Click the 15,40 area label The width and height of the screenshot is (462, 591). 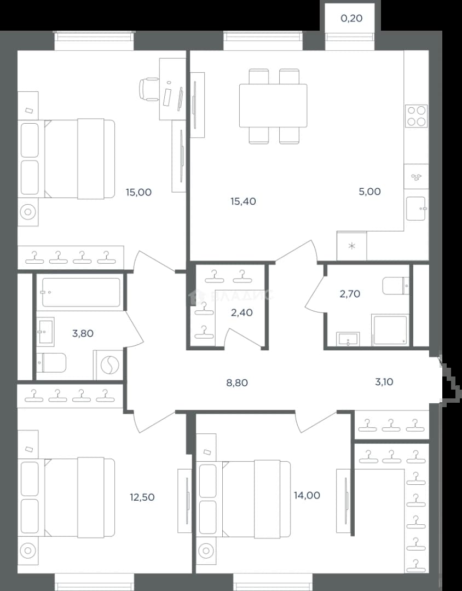pyautogui.click(x=243, y=201)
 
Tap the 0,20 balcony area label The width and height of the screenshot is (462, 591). pyautogui.click(x=351, y=18)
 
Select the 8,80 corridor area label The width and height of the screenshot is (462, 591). pyautogui.click(x=237, y=383)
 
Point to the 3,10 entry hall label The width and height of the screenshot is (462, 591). pyautogui.click(x=384, y=382)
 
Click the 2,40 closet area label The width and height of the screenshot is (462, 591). pyautogui.click(x=242, y=312)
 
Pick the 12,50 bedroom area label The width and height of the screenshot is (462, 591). pyautogui.click(x=142, y=497)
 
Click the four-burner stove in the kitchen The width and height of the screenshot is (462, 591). pyautogui.click(x=417, y=115)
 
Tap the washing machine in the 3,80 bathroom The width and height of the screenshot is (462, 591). pyautogui.click(x=108, y=365)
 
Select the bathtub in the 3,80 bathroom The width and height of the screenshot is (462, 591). pyautogui.click(x=81, y=292)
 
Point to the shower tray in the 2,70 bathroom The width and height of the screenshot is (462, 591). pyautogui.click(x=390, y=330)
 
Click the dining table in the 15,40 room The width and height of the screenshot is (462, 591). pyautogui.click(x=273, y=106)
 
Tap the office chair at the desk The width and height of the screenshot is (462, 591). pyautogui.click(x=150, y=89)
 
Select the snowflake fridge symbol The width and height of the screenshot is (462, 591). pyautogui.click(x=351, y=246)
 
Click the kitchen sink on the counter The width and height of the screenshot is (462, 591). pyautogui.click(x=416, y=208)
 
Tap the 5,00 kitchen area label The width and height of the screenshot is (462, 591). pyautogui.click(x=369, y=192)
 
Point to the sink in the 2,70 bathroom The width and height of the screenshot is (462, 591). pyautogui.click(x=348, y=339)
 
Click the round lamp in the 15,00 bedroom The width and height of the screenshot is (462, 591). pyautogui.click(x=27, y=212)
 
